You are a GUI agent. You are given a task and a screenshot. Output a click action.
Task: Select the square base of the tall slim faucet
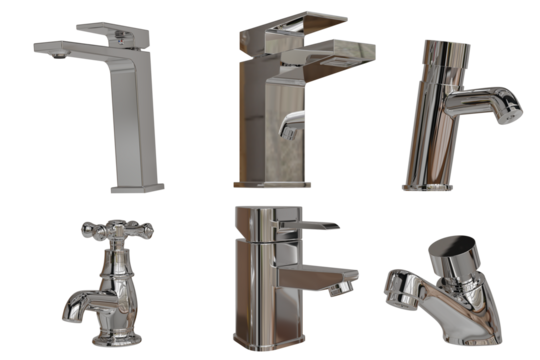click(139, 185)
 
